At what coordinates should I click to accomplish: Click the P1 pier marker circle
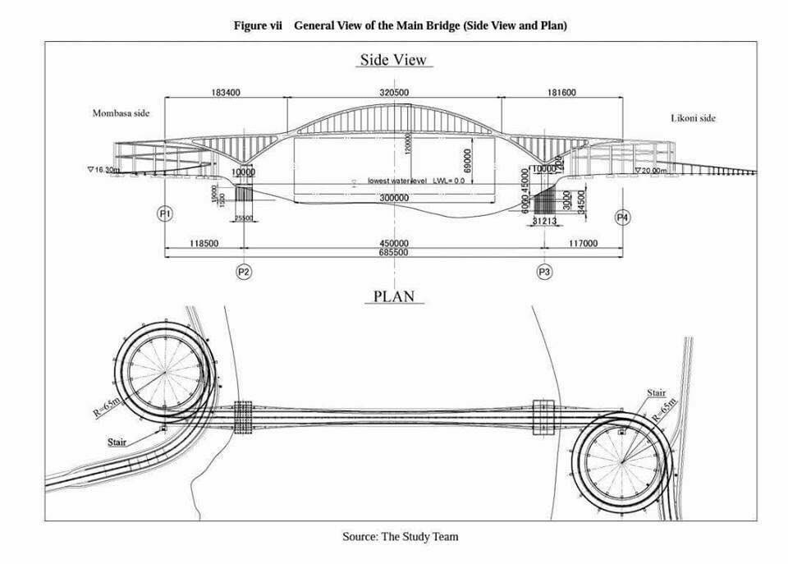(165, 214)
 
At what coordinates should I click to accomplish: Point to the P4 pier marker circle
(623, 217)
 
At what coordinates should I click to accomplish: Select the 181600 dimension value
(561, 93)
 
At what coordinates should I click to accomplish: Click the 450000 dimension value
(395, 243)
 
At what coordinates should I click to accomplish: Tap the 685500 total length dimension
(395, 253)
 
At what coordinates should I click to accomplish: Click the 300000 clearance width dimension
(395, 199)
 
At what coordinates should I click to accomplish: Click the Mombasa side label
(121, 113)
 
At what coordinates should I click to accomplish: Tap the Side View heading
(394, 60)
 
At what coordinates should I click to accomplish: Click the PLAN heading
(395, 296)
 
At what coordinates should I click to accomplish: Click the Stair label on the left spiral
(118, 442)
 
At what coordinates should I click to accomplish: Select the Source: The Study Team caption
(400, 537)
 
